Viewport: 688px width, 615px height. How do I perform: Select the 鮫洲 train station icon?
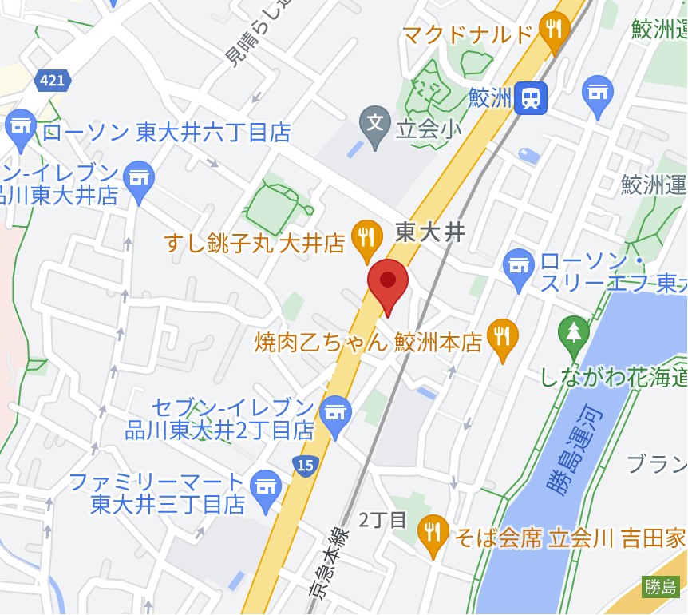click(x=529, y=98)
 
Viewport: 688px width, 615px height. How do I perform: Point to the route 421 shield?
click(x=53, y=80)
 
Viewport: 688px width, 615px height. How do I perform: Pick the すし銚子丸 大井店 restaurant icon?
click(x=366, y=236)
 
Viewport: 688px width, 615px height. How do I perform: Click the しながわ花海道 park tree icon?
click(x=573, y=331)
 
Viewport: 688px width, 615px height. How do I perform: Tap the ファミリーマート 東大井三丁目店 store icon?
click(x=265, y=486)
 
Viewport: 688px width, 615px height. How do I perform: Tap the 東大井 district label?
click(x=430, y=232)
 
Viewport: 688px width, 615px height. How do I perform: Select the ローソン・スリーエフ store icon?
click(x=519, y=265)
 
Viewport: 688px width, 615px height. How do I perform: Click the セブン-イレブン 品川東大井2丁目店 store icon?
click(x=336, y=412)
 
